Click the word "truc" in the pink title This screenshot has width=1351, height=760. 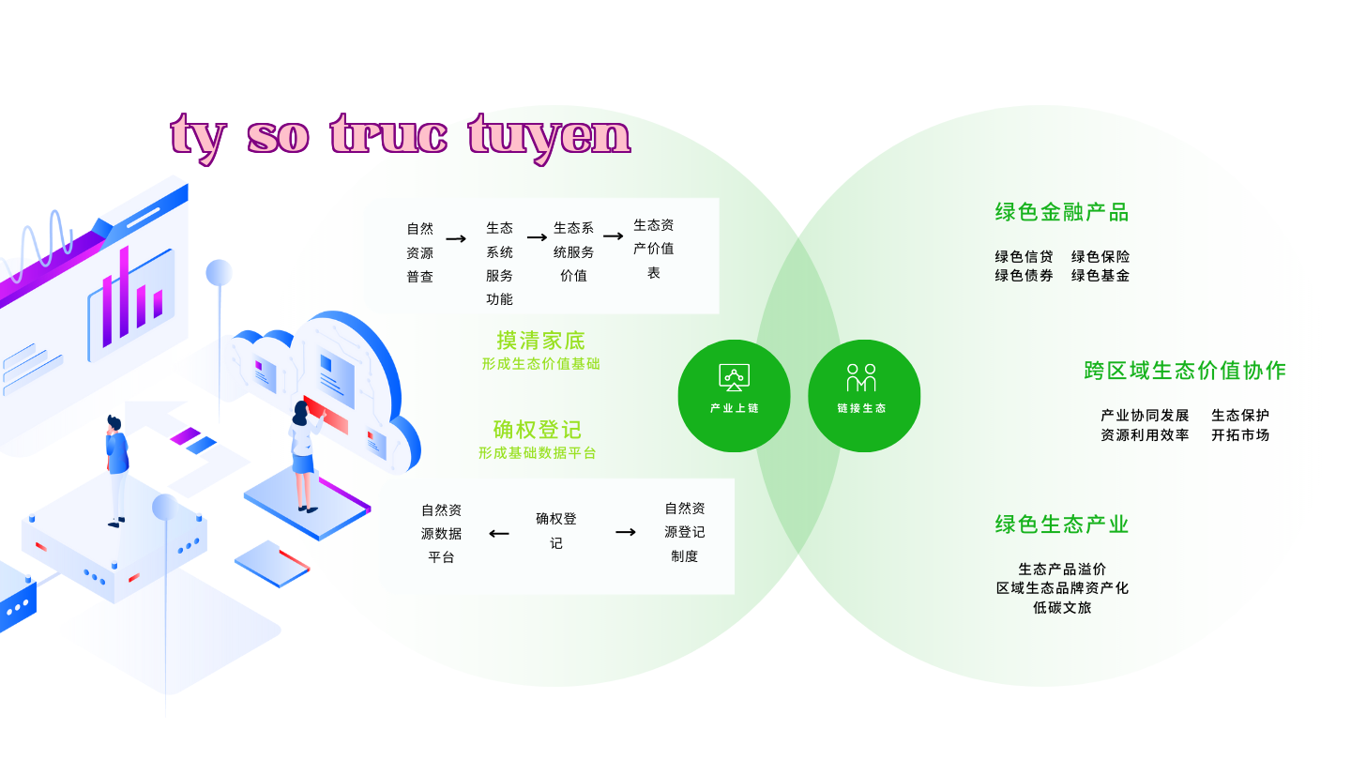click(389, 134)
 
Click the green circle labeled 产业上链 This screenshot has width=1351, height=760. click(734, 396)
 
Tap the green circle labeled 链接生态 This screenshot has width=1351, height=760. click(864, 396)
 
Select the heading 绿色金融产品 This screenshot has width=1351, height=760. click(1061, 212)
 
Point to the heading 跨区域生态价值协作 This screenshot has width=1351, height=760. click(1185, 371)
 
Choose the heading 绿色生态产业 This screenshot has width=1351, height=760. click(1061, 524)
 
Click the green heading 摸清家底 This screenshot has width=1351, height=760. click(540, 341)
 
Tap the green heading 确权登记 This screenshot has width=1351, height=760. click(538, 430)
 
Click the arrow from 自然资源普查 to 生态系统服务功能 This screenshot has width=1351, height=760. click(456, 239)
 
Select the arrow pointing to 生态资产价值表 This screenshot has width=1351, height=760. click(614, 236)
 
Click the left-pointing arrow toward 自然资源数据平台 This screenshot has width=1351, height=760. click(499, 534)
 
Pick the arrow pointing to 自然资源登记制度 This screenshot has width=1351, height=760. click(626, 532)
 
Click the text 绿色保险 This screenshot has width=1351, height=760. click(1101, 257)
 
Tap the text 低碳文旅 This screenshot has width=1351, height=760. click(1062, 607)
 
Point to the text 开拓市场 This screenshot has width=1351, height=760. click(1240, 435)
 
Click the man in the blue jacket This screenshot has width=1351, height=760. click(116, 470)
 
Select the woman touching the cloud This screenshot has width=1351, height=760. click(306, 455)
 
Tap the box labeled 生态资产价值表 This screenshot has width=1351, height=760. click(653, 249)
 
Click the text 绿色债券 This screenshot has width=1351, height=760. click(1024, 276)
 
